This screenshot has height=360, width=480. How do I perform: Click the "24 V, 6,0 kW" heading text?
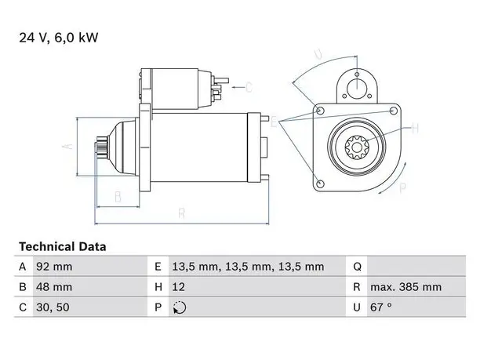point(59,38)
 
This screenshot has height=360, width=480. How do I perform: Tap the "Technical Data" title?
point(63,246)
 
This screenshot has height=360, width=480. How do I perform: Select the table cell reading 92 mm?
point(54,267)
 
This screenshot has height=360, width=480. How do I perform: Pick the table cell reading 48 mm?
point(54,287)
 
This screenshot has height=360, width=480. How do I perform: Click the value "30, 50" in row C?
point(53,307)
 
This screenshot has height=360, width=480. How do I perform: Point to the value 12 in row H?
point(179,287)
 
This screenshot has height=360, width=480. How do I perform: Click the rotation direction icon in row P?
point(180,307)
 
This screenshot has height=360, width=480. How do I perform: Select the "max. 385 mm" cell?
point(406,287)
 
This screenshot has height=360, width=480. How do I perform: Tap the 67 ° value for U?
point(381,307)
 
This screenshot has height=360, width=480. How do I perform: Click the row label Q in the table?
point(357,267)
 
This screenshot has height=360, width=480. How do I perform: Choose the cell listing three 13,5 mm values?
point(248,267)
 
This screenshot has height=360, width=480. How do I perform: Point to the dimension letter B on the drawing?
point(118,197)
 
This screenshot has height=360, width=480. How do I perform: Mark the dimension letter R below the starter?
point(182,213)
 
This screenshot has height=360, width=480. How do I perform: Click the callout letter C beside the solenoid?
point(249,88)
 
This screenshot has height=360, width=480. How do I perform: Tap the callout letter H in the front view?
point(415,129)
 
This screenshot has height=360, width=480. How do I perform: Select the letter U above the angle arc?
point(318,54)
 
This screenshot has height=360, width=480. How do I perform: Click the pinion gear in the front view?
point(357,147)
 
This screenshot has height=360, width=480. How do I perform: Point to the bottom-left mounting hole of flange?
point(320,184)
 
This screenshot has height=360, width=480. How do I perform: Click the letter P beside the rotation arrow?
point(403,187)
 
